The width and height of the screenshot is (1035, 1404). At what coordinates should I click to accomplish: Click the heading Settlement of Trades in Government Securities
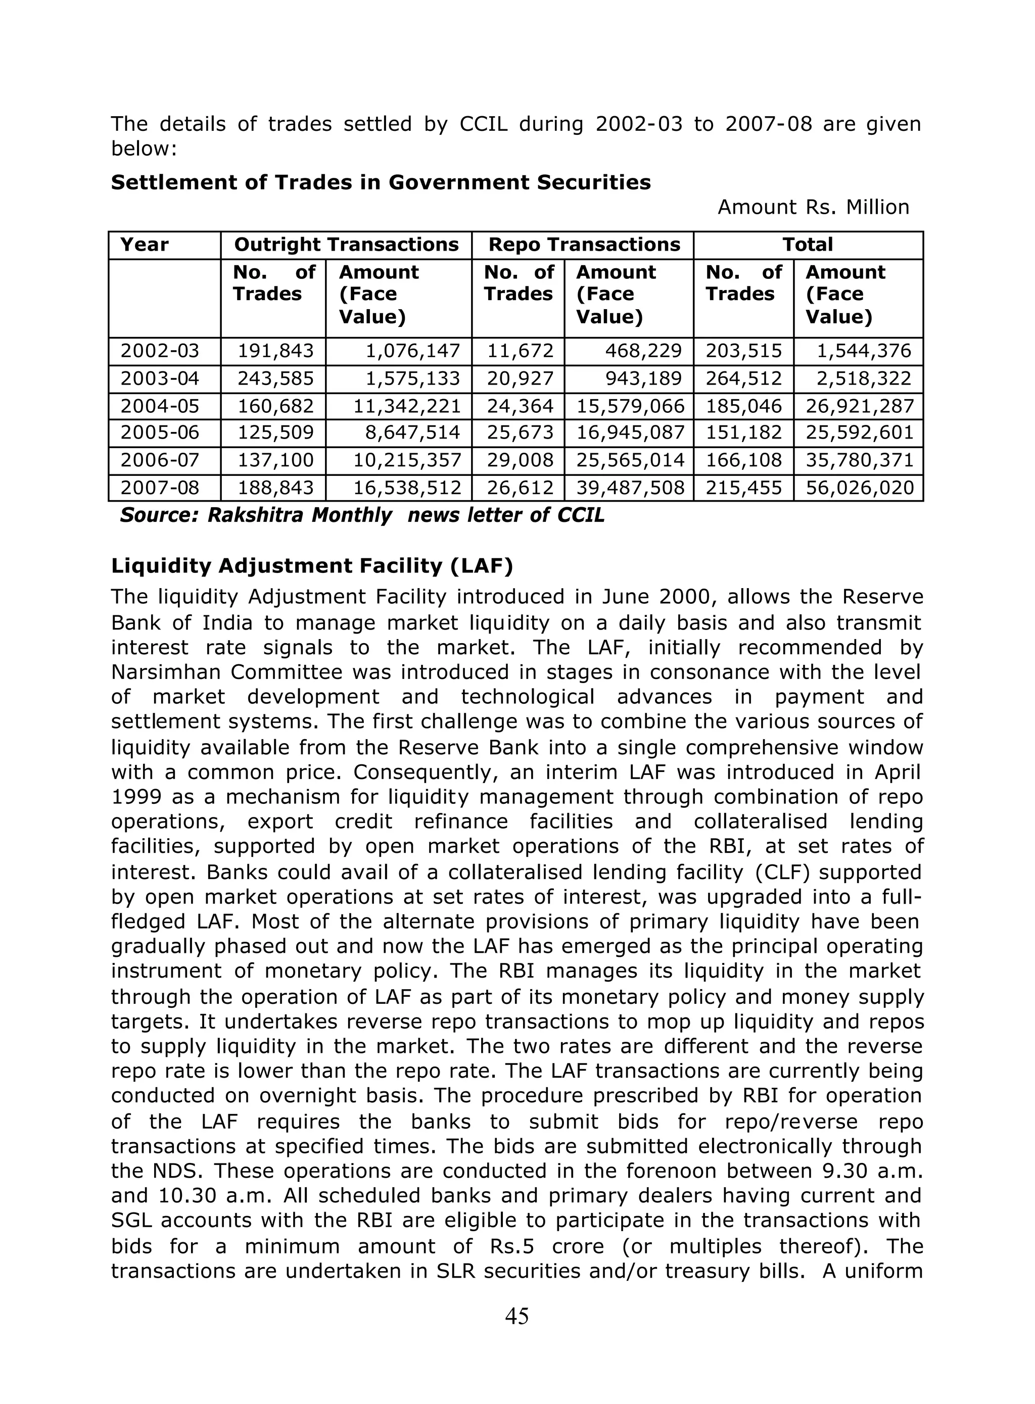(x=381, y=182)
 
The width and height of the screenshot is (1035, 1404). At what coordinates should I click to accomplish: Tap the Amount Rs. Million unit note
(x=813, y=207)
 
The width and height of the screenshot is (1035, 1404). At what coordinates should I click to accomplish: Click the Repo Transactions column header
(x=584, y=245)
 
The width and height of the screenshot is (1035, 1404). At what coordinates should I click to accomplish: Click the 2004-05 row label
(x=159, y=406)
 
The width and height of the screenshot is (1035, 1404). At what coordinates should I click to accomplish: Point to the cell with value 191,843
(x=275, y=351)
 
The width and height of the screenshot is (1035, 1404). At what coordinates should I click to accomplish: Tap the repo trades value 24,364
(x=520, y=406)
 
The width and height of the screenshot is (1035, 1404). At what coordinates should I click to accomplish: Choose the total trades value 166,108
(x=744, y=461)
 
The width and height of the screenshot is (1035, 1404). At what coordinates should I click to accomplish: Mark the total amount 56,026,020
(x=860, y=489)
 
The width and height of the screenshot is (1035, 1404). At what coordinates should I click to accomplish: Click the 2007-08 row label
(x=159, y=489)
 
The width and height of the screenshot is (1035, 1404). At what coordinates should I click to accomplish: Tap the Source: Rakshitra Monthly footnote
(x=362, y=515)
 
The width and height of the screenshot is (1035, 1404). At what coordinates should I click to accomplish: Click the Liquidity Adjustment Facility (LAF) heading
(x=312, y=566)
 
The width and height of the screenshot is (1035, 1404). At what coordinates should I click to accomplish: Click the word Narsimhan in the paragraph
(x=165, y=672)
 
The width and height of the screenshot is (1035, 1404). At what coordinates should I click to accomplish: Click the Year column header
(x=144, y=245)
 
